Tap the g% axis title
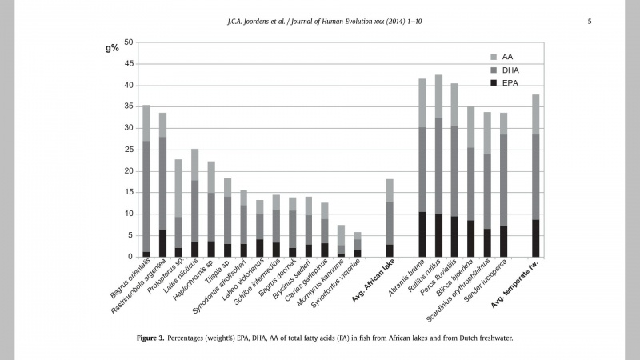tap(112, 47)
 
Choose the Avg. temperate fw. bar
tap(535, 176)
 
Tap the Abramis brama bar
tap(422, 168)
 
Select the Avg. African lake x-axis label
tap(374, 286)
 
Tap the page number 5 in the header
tap(590, 20)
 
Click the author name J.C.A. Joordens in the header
tap(252, 20)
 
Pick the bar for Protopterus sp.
tap(179, 208)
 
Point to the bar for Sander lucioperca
tap(503, 185)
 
